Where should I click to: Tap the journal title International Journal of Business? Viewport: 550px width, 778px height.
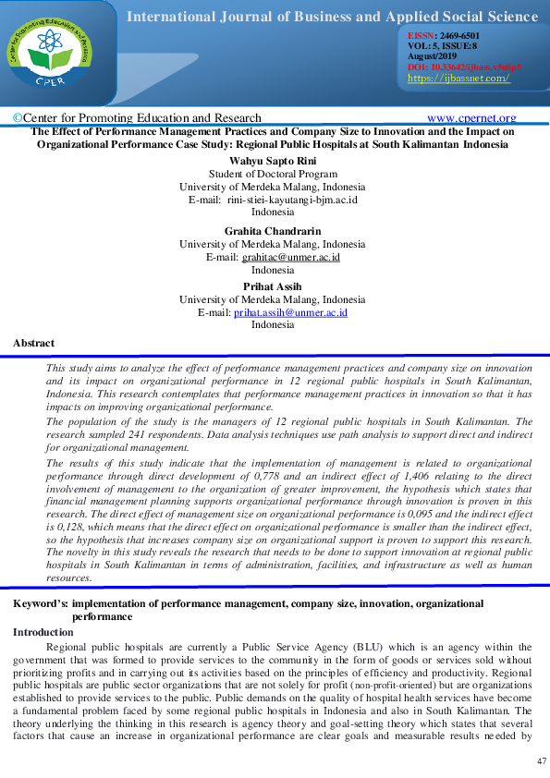pyautogui.click(x=333, y=17)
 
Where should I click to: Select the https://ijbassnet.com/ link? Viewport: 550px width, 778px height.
pyautogui.click(x=458, y=79)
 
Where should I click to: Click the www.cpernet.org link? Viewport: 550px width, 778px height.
pyautogui.click(x=471, y=118)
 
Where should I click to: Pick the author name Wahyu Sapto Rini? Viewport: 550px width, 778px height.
pyautogui.click(x=275, y=160)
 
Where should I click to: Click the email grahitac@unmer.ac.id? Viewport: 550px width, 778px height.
pyautogui.click(x=290, y=257)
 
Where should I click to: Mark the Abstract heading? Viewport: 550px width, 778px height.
pyautogui.click(x=33, y=343)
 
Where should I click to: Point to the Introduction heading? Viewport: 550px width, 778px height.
pyautogui.click(x=43, y=632)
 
